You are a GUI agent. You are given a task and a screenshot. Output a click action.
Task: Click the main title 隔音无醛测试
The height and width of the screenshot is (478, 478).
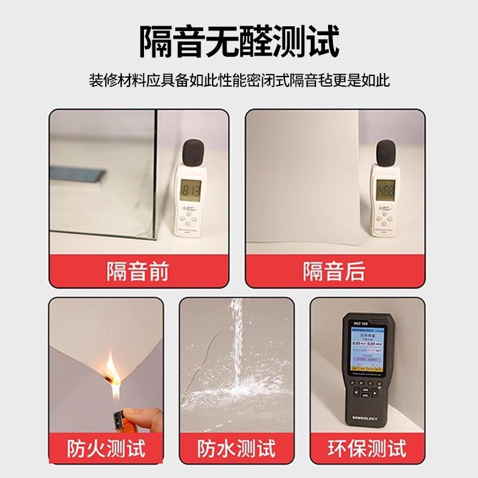(239, 41)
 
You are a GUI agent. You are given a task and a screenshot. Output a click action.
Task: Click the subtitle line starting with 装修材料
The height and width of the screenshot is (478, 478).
(239, 80)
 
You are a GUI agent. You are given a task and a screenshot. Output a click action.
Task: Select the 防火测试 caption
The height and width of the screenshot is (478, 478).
(106, 448)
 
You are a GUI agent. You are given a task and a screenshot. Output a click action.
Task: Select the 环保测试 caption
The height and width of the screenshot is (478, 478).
(367, 448)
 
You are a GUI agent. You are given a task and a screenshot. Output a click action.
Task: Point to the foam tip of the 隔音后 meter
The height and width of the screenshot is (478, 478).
(387, 152)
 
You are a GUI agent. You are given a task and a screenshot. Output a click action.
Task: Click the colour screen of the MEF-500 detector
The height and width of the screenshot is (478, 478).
(366, 353)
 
